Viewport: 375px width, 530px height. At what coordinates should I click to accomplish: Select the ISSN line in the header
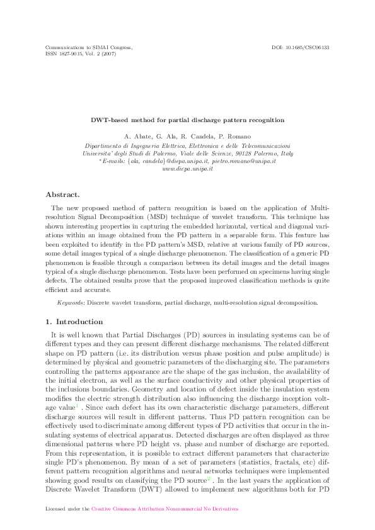81,54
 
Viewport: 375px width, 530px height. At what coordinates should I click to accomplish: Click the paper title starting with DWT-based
187,120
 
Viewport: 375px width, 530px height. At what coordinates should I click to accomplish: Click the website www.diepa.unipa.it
187,169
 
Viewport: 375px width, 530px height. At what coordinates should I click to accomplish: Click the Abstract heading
63,195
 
